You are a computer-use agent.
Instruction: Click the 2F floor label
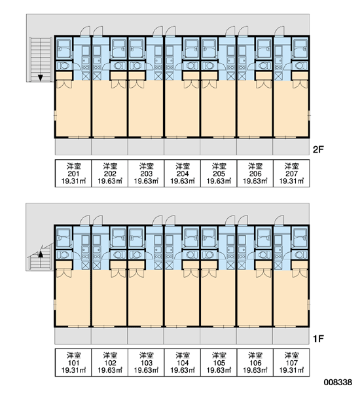(318, 149)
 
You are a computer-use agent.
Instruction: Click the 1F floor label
(318, 339)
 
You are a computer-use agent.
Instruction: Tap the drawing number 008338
(338, 383)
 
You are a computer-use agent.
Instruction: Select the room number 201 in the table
(73, 174)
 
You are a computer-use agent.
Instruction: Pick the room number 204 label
(183, 174)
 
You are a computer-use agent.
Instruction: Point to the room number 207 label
(291, 174)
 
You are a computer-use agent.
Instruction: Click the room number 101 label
(73, 363)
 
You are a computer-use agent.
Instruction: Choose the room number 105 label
(219, 363)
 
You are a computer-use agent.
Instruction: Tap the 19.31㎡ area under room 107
(291, 370)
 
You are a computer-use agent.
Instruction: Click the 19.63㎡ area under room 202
(110, 181)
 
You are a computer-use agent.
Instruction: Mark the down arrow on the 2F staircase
(40, 77)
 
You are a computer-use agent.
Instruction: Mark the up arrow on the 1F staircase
(40, 255)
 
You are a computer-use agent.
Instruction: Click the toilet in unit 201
(63, 65)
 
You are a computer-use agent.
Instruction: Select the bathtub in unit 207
(300, 48)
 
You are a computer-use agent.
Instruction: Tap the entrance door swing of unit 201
(84, 31)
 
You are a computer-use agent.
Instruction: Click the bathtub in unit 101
(63, 238)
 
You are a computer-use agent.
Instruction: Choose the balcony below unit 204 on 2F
(182, 147)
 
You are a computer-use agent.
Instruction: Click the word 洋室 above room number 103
(146, 355)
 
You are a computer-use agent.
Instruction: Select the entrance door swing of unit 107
(279, 220)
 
